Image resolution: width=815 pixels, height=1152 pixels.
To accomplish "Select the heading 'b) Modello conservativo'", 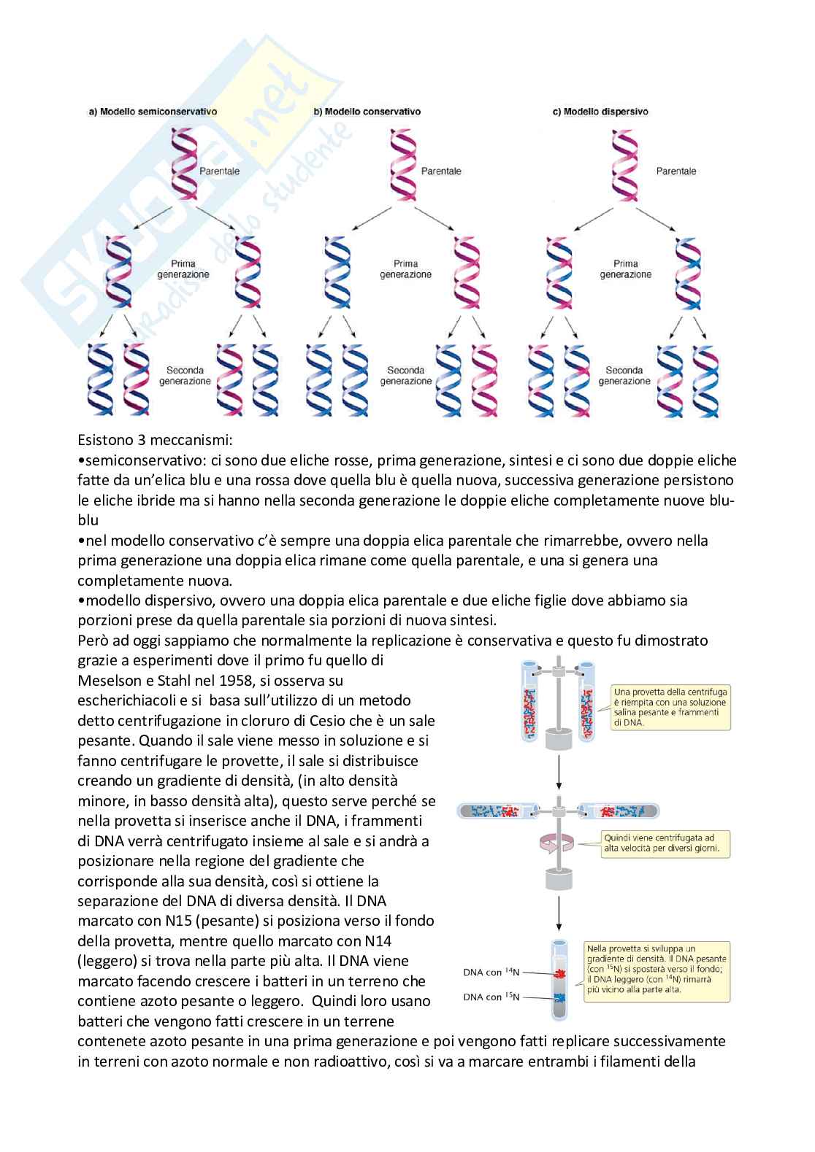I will pos(367,112).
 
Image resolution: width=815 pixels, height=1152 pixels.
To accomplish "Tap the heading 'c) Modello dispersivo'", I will pos(600,112).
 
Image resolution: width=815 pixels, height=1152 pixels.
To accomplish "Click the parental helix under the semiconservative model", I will pos(183,164).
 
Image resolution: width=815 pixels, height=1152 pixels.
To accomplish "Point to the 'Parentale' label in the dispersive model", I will pos(676,171).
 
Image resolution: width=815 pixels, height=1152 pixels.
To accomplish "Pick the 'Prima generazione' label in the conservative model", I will pos(405,269).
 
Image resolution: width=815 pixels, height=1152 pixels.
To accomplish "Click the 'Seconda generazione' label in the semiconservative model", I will pos(184,375).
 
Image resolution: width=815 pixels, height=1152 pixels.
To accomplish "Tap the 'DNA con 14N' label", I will pos(491,971).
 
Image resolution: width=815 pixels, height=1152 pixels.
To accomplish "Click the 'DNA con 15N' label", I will pos(491,996).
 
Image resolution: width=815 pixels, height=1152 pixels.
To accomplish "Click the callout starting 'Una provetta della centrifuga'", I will pos(670,705).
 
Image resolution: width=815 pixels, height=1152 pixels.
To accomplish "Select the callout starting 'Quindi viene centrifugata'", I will pos(665,843).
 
